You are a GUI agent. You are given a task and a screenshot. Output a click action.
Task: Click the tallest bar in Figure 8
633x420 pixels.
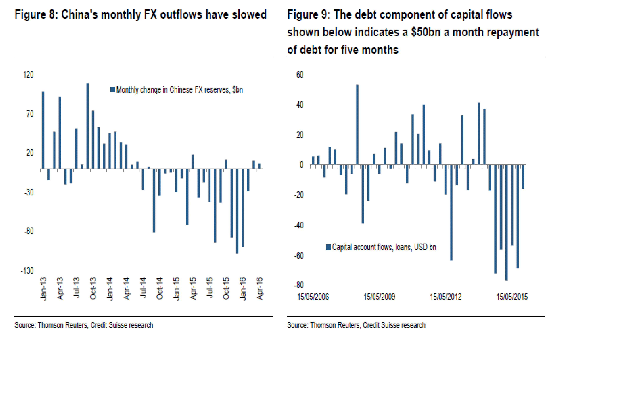[x=88, y=126]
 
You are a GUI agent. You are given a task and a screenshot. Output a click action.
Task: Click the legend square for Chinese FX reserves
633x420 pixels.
[x=113, y=89]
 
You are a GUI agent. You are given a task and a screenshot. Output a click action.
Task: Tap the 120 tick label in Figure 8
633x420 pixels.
[x=28, y=74]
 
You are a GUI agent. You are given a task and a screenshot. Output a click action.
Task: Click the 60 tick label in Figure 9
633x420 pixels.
[x=300, y=74]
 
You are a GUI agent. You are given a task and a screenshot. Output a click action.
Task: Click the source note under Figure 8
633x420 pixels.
[x=84, y=325]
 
